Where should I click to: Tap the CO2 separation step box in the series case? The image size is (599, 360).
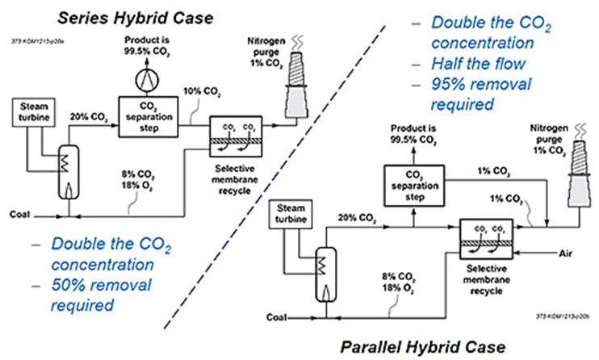pyautogui.click(x=146, y=111)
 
